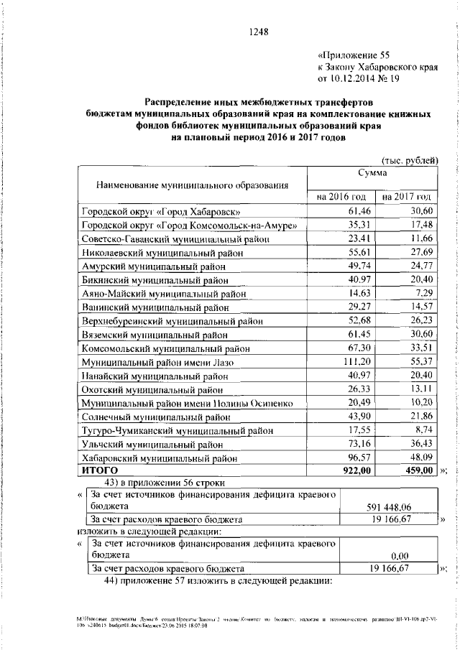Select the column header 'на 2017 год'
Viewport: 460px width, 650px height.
click(407, 196)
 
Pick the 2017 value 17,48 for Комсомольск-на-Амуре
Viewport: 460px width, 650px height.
click(418, 226)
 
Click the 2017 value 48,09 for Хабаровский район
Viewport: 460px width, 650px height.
click(418, 458)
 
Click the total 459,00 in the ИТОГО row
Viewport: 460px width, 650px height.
click(415, 470)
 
